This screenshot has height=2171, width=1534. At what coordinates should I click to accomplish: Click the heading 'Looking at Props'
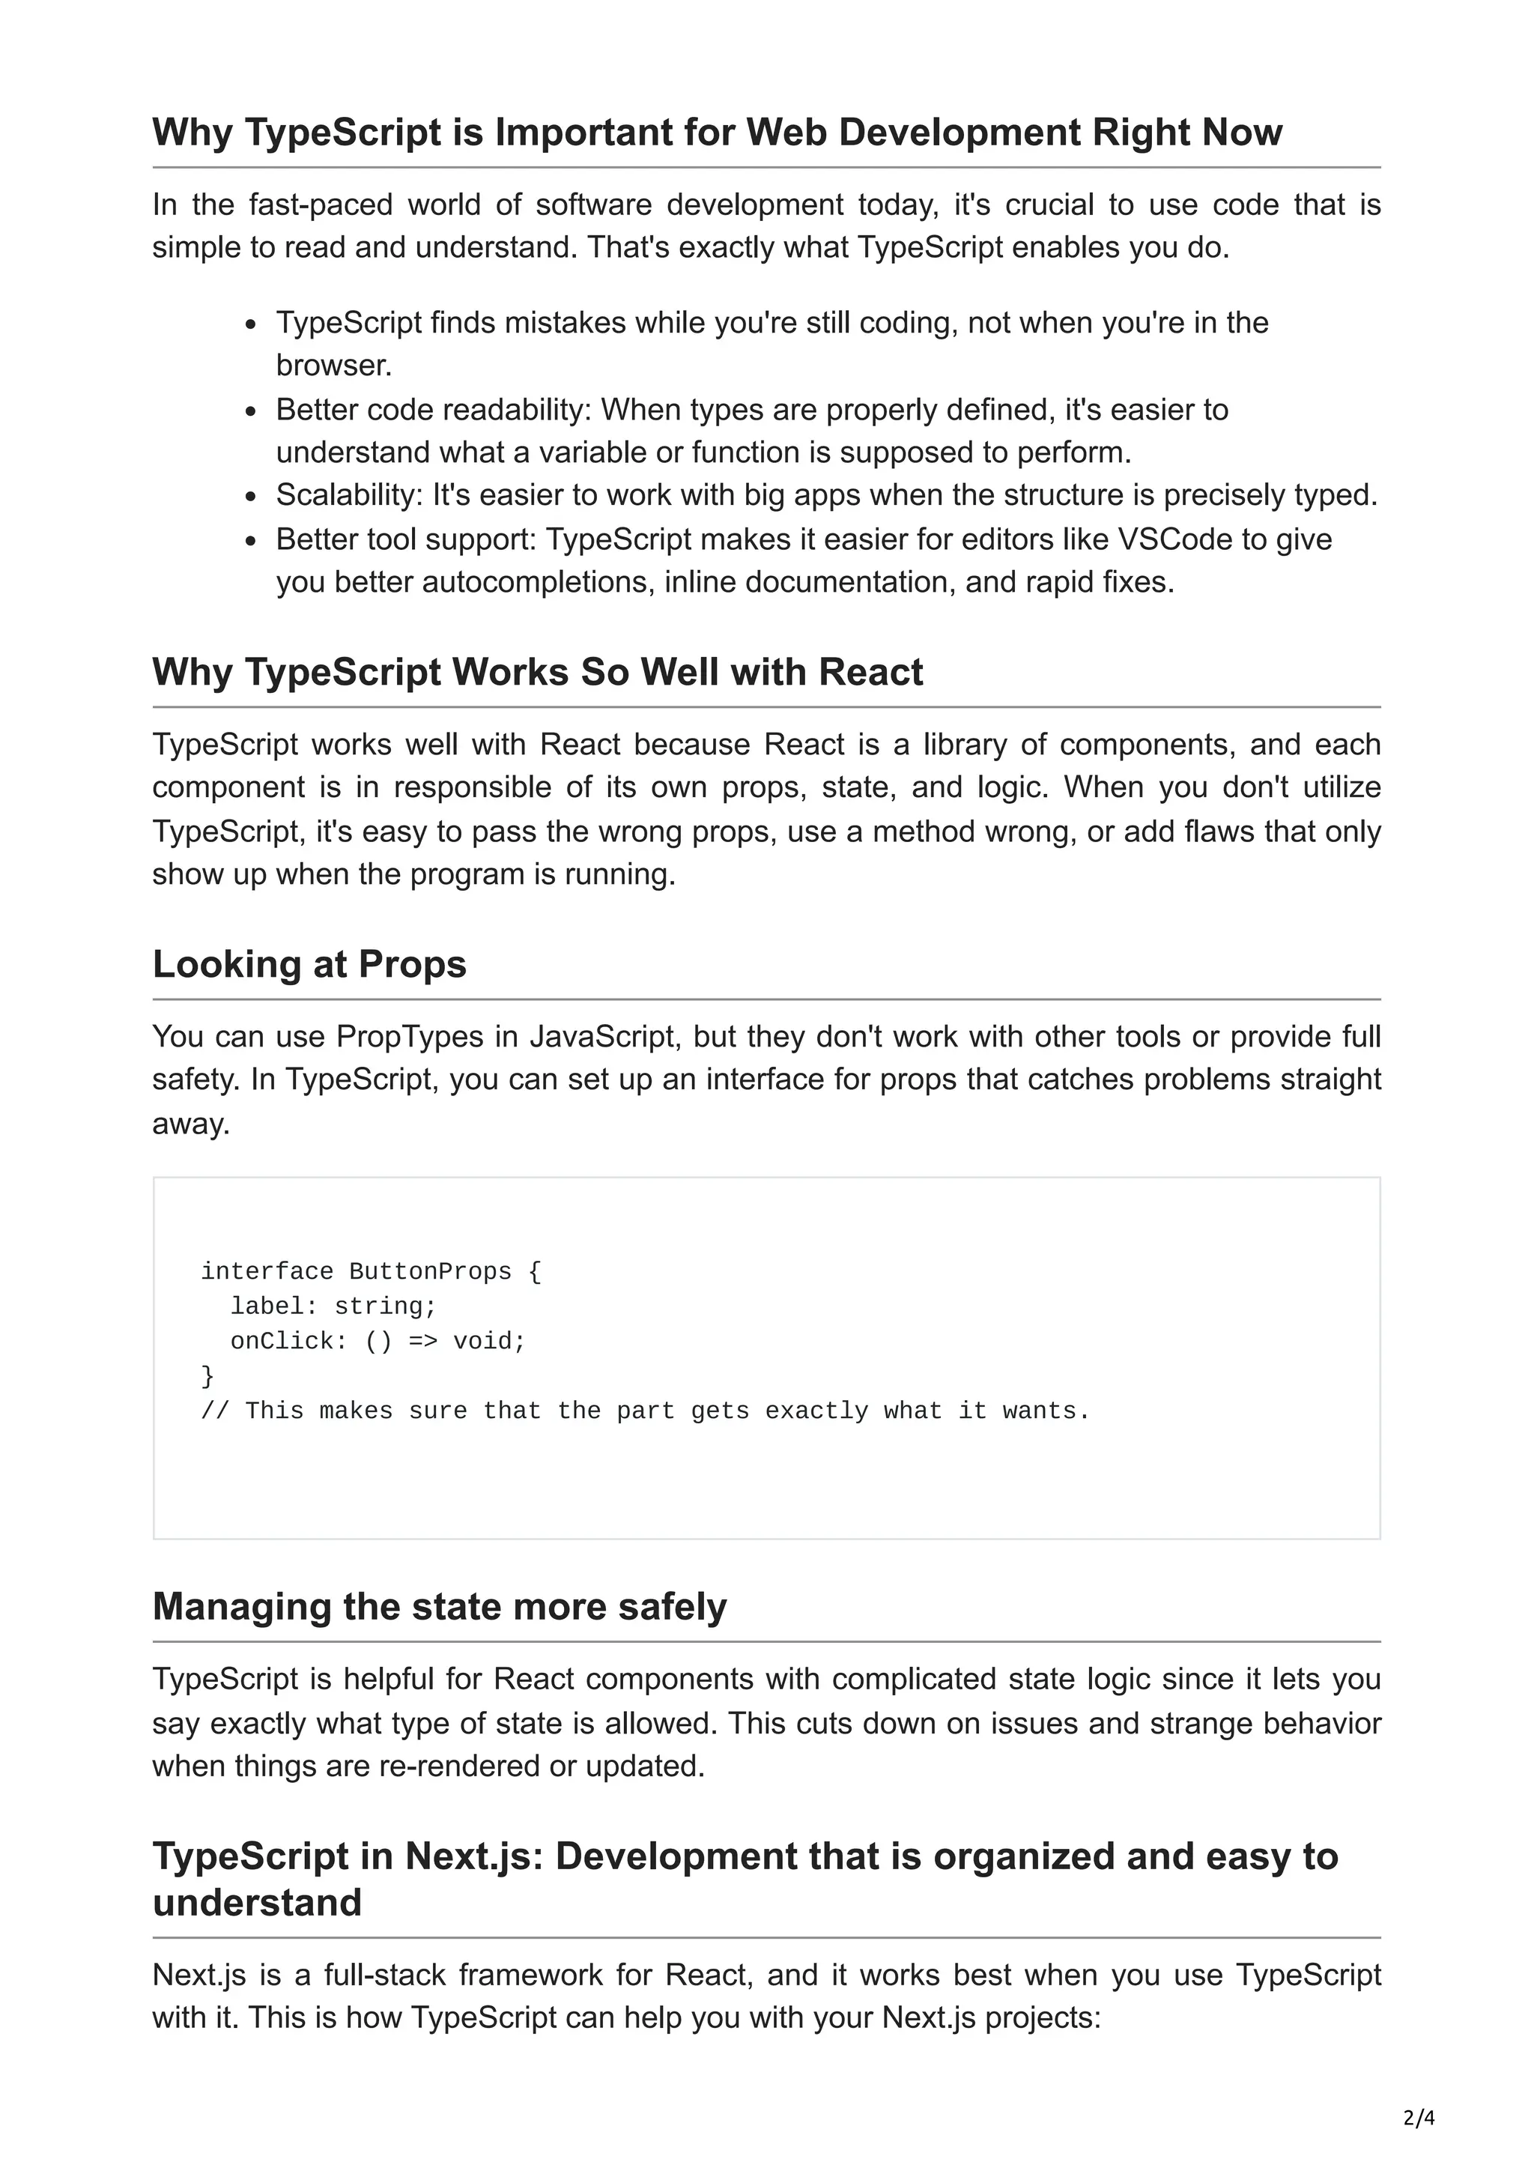click(309, 963)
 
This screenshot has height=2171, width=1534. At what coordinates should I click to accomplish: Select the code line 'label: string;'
click(333, 1306)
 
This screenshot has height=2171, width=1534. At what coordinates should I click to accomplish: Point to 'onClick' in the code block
click(282, 1341)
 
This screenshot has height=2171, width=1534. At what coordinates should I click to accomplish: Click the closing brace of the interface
click(208, 1375)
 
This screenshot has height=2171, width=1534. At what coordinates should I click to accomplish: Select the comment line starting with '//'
click(645, 1411)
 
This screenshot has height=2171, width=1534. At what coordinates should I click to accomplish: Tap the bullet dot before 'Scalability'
click(250, 497)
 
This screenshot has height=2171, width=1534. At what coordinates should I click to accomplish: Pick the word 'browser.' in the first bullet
click(333, 365)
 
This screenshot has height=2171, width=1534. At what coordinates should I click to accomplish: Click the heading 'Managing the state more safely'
click(440, 1606)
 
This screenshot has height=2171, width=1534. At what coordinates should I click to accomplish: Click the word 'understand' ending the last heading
click(257, 1903)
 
